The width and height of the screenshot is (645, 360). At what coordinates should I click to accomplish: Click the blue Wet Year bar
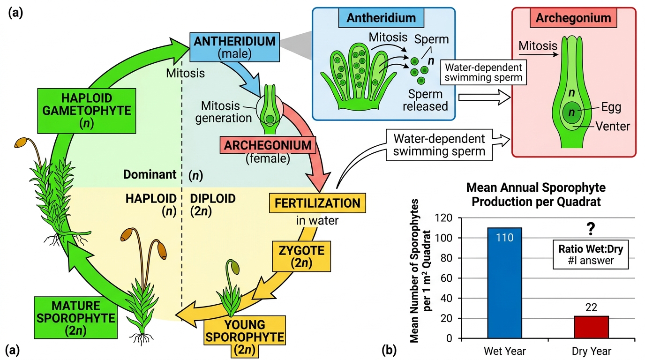[504, 283]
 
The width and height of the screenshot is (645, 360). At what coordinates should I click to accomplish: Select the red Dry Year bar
[591, 327]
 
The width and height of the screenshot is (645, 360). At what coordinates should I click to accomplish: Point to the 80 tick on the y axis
[447, 258]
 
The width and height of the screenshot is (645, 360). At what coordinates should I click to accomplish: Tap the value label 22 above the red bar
[591, 307]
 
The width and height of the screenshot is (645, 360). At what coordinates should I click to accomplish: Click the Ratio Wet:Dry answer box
[591, 255]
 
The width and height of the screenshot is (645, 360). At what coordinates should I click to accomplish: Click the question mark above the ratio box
[591, 229]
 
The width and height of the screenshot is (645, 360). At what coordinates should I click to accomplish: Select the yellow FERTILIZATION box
[317, 203]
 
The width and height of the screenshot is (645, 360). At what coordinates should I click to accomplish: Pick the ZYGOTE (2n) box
[301, 256]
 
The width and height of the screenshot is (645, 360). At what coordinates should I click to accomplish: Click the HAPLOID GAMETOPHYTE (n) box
[87, 111]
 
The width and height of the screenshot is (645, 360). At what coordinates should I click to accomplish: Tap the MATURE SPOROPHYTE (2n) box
[76, 318]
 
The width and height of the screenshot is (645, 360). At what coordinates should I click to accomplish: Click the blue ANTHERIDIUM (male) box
[234, 47]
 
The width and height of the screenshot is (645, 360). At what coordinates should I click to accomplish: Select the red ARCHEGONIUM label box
[268, 145]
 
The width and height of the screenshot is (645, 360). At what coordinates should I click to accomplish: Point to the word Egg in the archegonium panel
[611, 107]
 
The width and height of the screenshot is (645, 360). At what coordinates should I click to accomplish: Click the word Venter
[613, 126]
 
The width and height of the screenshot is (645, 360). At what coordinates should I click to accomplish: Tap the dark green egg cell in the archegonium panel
[572, 112]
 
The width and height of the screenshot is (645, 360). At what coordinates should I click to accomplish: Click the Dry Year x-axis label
[591, 351]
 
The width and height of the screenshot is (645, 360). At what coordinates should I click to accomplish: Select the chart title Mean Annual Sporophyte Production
[536, 195]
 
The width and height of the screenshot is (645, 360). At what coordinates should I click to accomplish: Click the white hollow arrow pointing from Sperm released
[484, 97]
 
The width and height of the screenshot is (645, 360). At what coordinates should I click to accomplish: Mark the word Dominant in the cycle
[150, 174]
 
